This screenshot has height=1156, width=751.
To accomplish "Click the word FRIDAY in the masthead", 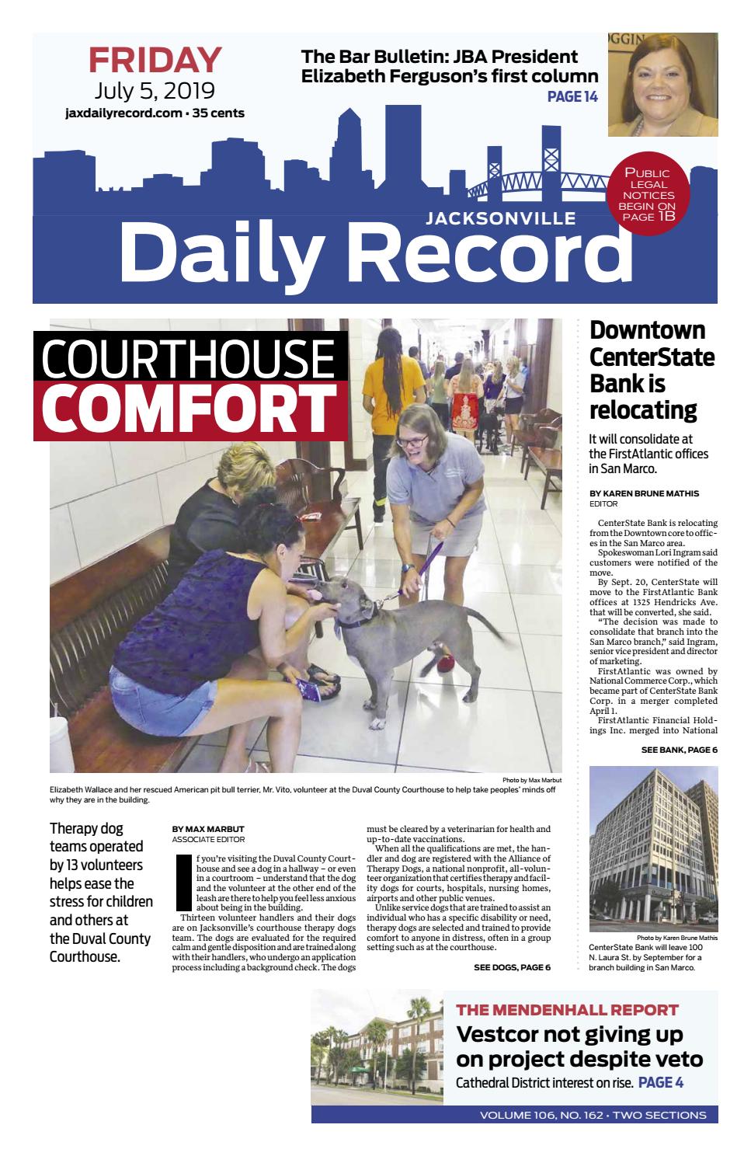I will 155,61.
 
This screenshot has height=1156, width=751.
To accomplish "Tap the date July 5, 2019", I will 155,92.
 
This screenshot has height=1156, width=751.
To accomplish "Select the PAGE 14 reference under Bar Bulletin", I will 572,97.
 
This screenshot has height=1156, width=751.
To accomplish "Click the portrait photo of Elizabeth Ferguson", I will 662,84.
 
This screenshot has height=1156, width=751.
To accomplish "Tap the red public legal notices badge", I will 648,195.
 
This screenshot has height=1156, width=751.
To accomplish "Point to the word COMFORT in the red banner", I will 186,409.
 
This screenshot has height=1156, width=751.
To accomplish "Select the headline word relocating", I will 643,409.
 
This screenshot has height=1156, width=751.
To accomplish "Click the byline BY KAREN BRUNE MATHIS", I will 644,493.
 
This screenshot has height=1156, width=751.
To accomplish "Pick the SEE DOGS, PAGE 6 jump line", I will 512,967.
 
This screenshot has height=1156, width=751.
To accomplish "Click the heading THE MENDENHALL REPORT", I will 567,1010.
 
